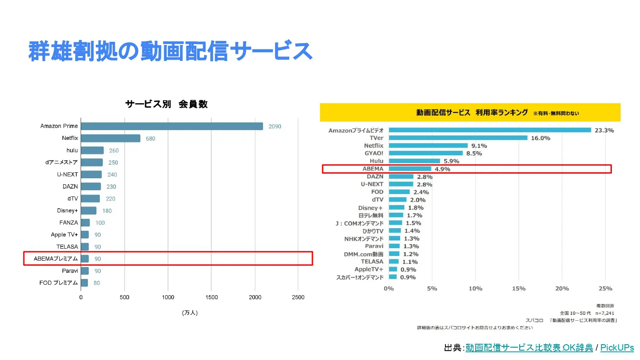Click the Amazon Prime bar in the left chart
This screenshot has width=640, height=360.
coord(172,126)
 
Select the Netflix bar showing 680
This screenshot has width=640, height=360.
coord(111,138)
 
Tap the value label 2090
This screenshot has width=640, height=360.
coord(275,126)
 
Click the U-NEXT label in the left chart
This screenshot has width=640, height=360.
coord(67,174)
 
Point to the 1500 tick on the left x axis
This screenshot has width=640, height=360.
coord(212,297)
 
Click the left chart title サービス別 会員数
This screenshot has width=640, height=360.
coord(166,104)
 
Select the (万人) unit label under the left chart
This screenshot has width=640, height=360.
coord(190,313)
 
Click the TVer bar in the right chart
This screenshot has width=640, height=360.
coord(458,138)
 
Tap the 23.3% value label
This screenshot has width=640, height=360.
coord(604,131)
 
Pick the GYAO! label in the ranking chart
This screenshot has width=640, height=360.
coord(374,153)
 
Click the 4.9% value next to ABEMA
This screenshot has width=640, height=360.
coord(442,169)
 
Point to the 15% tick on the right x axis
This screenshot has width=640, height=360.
coord(519,289)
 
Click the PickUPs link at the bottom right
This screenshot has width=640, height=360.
coord(617,348)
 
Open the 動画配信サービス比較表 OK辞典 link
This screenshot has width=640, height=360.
coord(529,348)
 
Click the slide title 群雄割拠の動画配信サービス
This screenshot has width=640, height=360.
coord(171,51)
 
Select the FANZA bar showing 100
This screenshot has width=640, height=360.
coord(85,223)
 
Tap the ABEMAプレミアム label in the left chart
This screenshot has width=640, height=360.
coord(56,258)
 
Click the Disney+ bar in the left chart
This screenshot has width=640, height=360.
coord(89,211)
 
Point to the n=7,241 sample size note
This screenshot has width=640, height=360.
coord(605,313)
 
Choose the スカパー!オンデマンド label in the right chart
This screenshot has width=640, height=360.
coord(360,277)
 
